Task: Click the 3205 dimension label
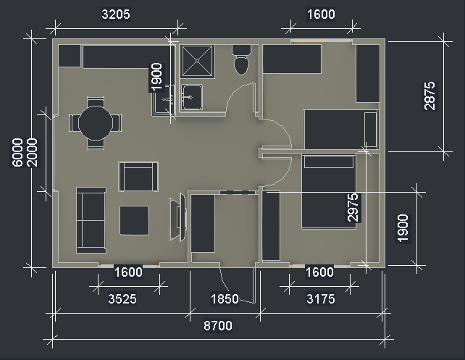click(x=116, y=14)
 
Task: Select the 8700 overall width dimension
click(x=218, y=326)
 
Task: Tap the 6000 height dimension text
click(x=17, y=152)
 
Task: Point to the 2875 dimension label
click(x=430, y=96)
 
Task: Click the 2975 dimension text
click(x=353, y=207)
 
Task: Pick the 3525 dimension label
click(x=122, y=298)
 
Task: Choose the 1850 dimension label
click(x=225, y=298)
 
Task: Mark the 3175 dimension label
click(x=321, y=298)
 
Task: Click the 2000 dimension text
click(x=32, y=152)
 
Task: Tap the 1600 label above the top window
click(x=321, y=14)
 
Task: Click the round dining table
click(x=96, y=123)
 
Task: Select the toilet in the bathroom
click(x=241, y=60)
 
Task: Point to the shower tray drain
click(x=197, y=61)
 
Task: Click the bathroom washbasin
click(x=192, y=97)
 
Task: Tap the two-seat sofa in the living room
click(x=91, y=220)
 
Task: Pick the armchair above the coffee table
click(x=138, y=177)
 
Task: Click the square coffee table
click(x=134, y=221)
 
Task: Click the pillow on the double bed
click(x=329, y=162)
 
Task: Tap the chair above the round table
click(x=96, y=102)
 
